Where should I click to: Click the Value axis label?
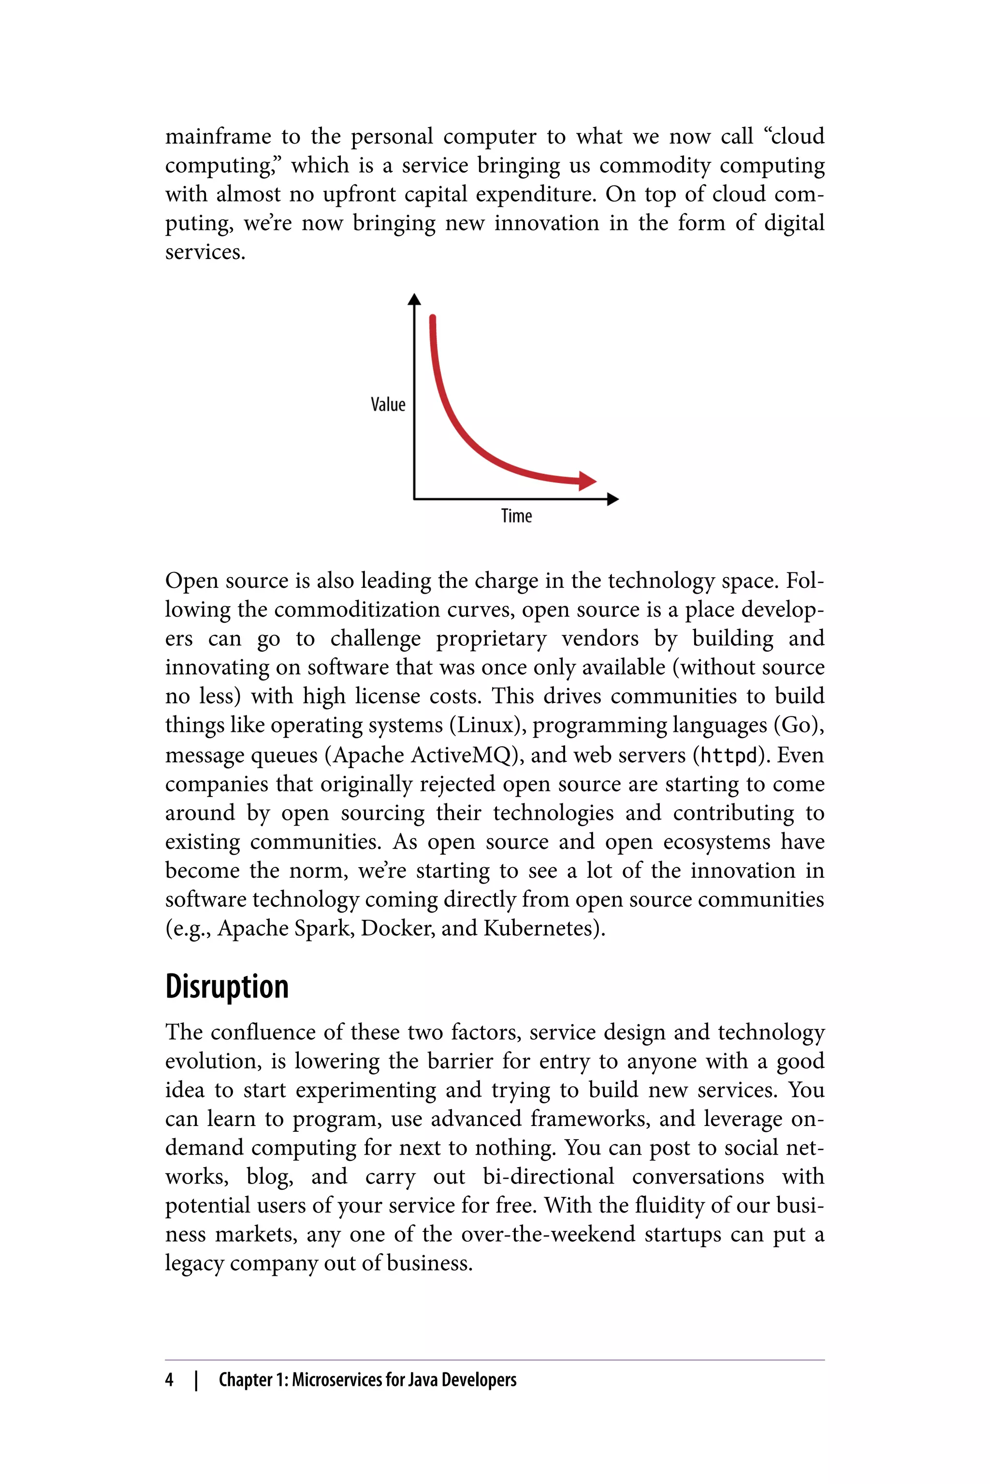pos(388,404)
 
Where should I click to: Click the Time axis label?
pos(516,516)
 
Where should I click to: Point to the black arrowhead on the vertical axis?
pos(414,299)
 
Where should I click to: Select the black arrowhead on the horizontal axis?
pos(612,499)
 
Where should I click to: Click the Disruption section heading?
pos(227,987)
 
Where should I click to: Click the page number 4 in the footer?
pos(169,1380)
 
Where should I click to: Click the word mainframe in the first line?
pos(218,136)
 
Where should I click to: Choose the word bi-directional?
pos(548,1177)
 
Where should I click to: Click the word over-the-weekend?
pos(548,1234)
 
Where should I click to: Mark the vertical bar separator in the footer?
pos(196,1380)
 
